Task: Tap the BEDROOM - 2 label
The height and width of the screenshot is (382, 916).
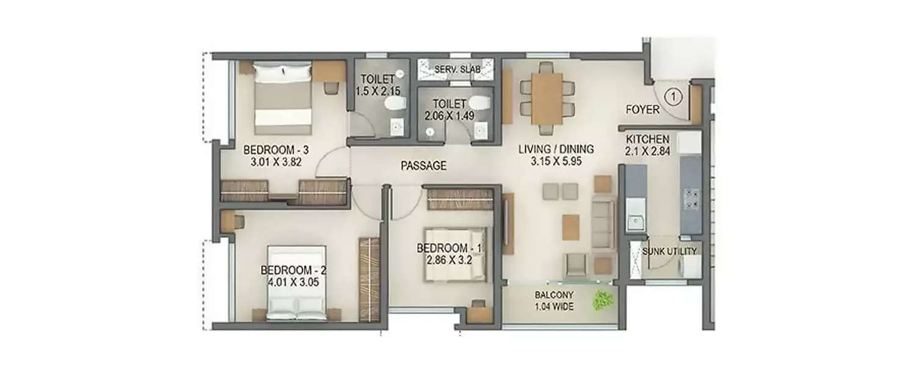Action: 289,270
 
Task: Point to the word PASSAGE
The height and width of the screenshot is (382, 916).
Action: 424,166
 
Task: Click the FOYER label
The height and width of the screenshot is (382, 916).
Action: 642,110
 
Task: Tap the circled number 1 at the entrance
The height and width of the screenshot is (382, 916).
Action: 672,96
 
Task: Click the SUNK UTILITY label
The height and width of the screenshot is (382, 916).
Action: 668,251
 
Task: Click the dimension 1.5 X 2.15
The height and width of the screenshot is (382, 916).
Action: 377,90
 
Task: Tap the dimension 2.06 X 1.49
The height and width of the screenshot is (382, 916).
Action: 449,115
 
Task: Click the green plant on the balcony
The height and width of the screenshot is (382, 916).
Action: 603,300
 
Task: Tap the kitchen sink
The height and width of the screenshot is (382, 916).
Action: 634,220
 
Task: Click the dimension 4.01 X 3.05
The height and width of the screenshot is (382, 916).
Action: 289,282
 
